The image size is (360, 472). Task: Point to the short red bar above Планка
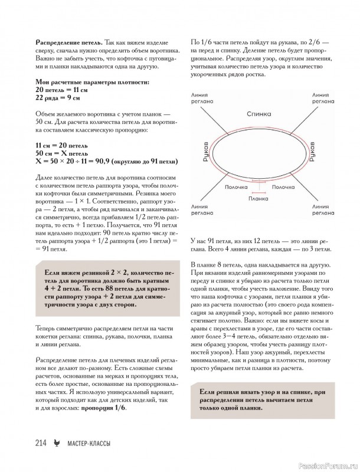click(x=258, y=192)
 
